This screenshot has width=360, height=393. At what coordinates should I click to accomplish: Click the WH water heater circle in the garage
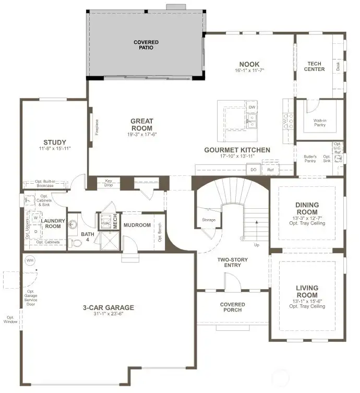pyautogui.click(x=29, y=260)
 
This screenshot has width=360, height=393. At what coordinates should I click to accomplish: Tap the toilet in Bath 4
pyautogui.click(x=75, y=243)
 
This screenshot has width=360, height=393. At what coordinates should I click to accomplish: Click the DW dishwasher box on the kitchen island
pyautogui.click(x=252, y=108)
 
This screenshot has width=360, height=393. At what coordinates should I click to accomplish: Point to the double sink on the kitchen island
pyautogui.click(x=251, y=122)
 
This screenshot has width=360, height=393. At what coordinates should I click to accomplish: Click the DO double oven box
pyautogui.click(x=254, y=170)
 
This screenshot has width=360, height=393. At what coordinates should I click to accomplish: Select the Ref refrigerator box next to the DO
pyautogui.click(x=270, y=170)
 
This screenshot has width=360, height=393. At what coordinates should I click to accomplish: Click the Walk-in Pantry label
pyautogui.click(x=320, y=123)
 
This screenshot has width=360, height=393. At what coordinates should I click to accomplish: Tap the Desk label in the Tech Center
pyautogui.click(x=338, y=66)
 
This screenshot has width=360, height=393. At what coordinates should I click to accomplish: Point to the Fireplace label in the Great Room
pyautogui.click(x=97, y=128)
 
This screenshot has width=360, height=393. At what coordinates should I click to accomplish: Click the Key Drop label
pyautogui.click(x=109, y=183)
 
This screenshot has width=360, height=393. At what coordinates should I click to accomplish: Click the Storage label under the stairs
pyautogui.click(x=209, y=220)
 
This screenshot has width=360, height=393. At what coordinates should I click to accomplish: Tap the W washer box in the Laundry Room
pyautogui.click(x=36, y=218)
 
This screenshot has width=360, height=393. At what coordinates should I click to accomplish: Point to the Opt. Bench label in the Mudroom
pyautogui.click(x=160, y=228)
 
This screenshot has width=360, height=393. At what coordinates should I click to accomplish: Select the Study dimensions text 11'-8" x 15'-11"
pyautogui.click(x=55, y=149)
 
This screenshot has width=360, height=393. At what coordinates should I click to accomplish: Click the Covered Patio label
pyautogui.click(x=146, y=45)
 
